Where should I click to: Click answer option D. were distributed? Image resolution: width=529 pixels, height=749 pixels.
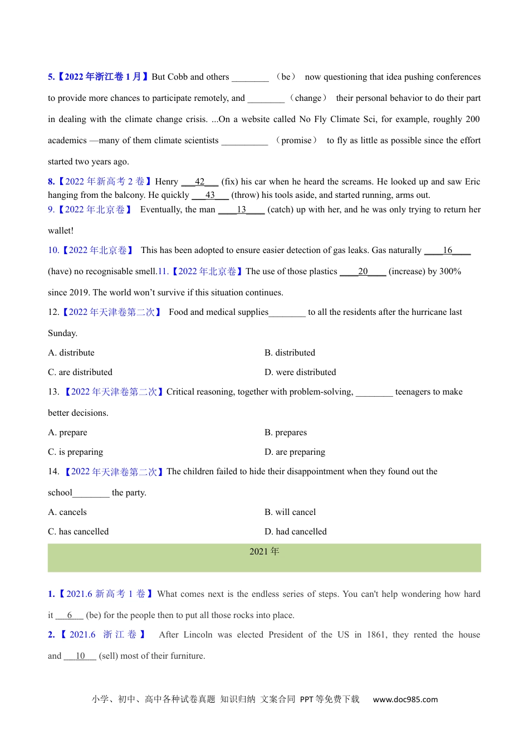tap(300, 372)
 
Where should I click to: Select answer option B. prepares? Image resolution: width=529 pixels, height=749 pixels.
tap(286, 432)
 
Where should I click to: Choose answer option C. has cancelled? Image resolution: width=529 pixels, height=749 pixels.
tap(79, 532)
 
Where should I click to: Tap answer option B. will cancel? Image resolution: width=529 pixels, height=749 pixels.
tap(290, 512)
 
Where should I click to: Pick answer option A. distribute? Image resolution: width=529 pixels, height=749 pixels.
tap(71, 353)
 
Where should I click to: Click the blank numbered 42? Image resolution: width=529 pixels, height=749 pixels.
tap(200, 182)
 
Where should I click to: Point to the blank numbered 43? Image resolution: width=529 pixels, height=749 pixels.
tap(210, 195)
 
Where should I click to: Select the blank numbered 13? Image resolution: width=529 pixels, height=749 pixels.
tap(241, 210)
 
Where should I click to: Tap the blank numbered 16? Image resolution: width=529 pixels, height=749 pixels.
tap(447, 250)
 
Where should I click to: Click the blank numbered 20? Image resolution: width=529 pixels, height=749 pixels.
tap(363, 271)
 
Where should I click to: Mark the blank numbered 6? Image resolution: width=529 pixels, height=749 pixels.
tap(70, 615)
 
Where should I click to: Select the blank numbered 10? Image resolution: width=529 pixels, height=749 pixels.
tap(80, 656)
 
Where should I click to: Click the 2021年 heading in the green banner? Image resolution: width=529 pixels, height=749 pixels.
tap(264, 552)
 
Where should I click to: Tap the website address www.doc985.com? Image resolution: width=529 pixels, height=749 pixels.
tap(405, 699)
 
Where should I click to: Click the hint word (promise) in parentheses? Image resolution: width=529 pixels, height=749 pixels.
tap(296, 140)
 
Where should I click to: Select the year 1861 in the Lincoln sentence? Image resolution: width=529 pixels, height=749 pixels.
tap(376, 635)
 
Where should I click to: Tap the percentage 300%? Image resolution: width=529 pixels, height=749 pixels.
tap(450, 271)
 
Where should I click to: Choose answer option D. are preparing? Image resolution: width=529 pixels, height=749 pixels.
tap(295, 452)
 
